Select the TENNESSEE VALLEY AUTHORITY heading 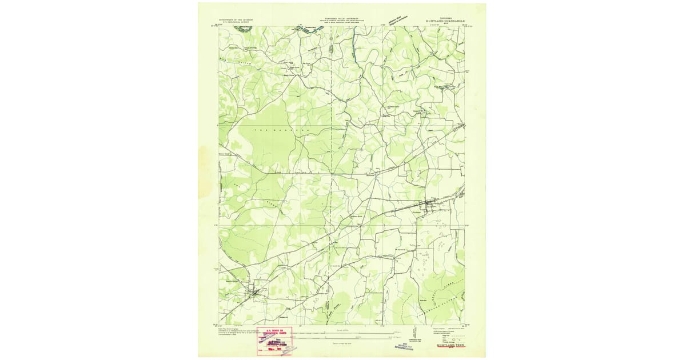coord(342,18)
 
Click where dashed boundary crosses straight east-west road coord(332,171)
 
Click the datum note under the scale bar coord(343,343)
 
